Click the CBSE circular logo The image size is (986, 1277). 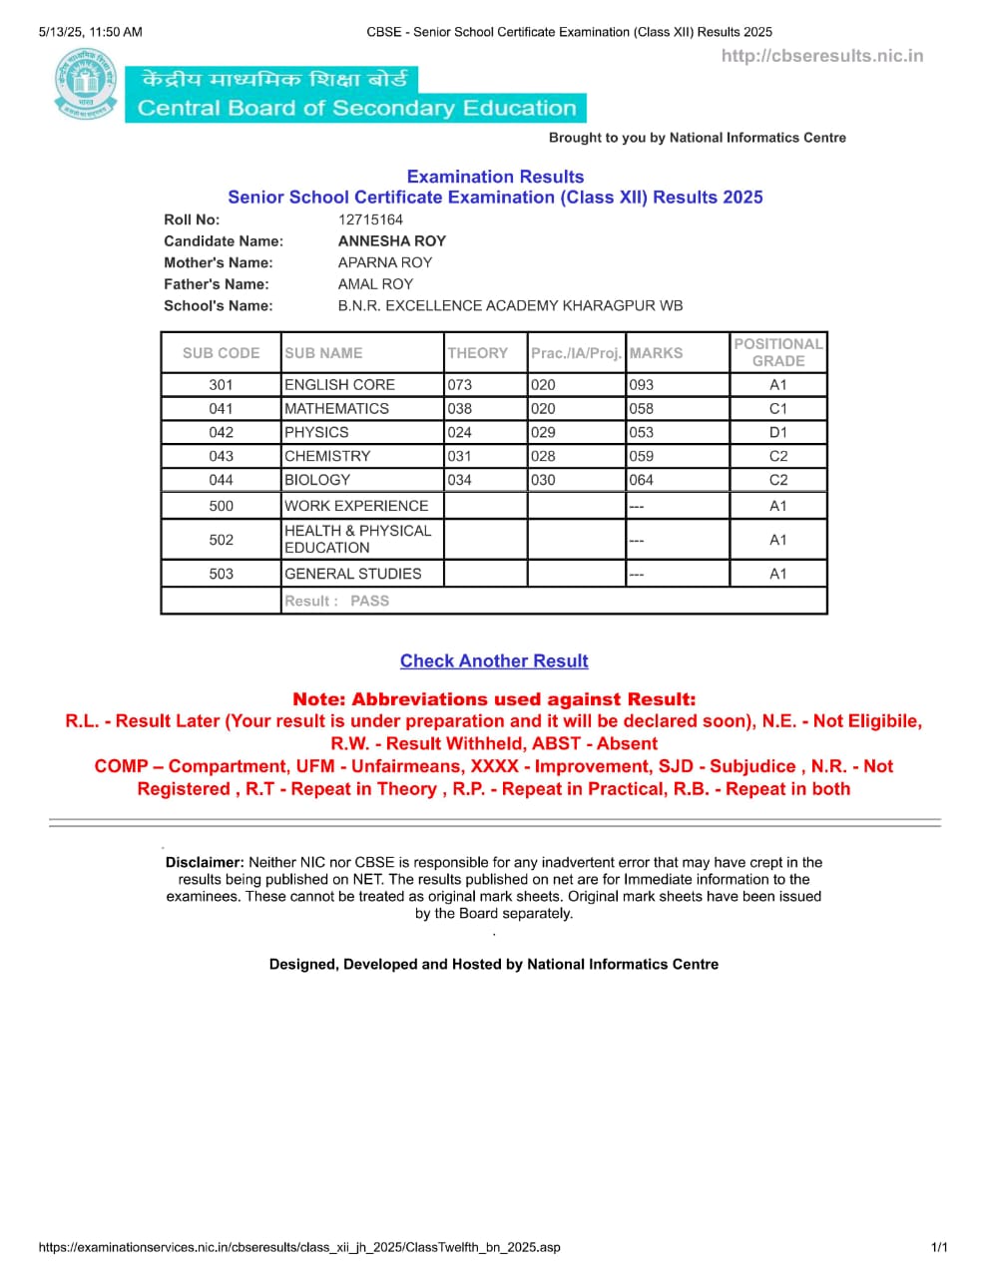pyautogui.click(x=85, y=87)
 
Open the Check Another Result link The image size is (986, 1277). pyautogui.click(x=494, y=660)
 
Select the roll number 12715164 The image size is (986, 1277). pyautogui.click(x=370, y=219)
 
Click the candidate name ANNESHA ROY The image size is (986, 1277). pyautogui.click(x=392, y=240)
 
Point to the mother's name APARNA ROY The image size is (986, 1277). pyautogui.click(x=385, y=262)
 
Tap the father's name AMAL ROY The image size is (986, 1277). pyautogui.click(x=375, y=284)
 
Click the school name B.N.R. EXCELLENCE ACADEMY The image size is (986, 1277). pyautogui.click(x=510, y=305)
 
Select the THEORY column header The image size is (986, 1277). pyautogui.click(x=477, y=353)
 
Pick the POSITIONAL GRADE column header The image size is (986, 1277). pyautogui.click(x=778, y=352)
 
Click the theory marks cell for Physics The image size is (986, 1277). pyautogui.click(x=460, y=432)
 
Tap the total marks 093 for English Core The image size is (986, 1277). pyautogui.click(x=642, y=384)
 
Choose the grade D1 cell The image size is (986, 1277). pyautogui.click(x=778, y=432)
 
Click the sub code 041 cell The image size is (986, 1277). pyautogui.click(x=221, y=408)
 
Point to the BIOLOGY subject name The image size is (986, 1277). pyautogui.click(x=317, y=480)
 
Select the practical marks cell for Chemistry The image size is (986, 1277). pyautogui.click(x=543, y=456)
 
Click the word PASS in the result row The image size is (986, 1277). pyautogui.click(x=369, y=601)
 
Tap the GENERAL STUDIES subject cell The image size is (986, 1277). pyautogui.click(x=353, y=574)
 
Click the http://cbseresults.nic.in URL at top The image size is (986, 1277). pyautogui.click(x=822, y=56)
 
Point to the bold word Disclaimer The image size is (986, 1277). pyautogui.click(x=205, y=862)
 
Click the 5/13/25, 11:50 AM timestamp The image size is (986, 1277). pyautogui.click(x=90, y=32)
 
